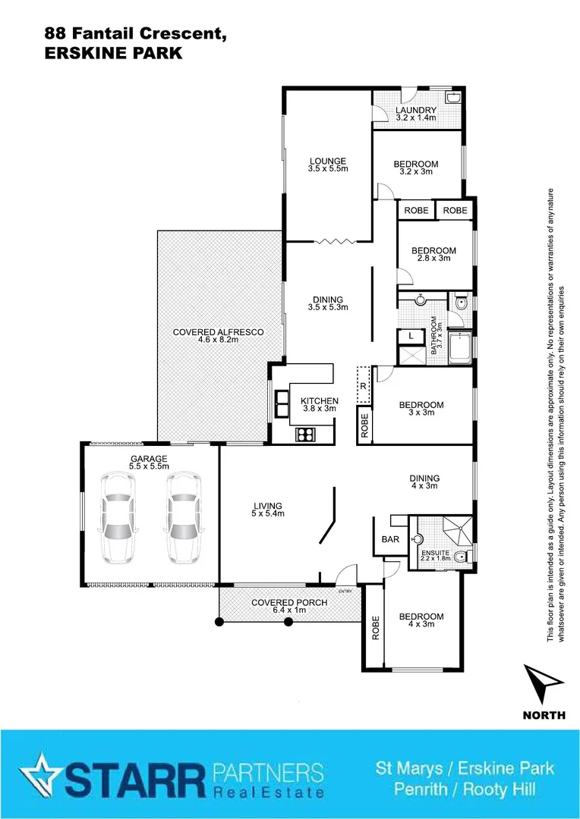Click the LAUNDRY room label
(416, 114)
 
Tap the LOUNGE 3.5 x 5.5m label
(327, 165)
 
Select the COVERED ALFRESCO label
(207, 336)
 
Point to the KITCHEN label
(320, 405)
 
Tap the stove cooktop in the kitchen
(305, 435)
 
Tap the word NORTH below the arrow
(544, 715)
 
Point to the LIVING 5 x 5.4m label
(268, 510)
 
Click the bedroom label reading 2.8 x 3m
(433, 254)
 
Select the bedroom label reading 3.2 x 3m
(415, 168)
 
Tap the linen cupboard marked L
(411, 335)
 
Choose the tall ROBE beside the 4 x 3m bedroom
(374, 627)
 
